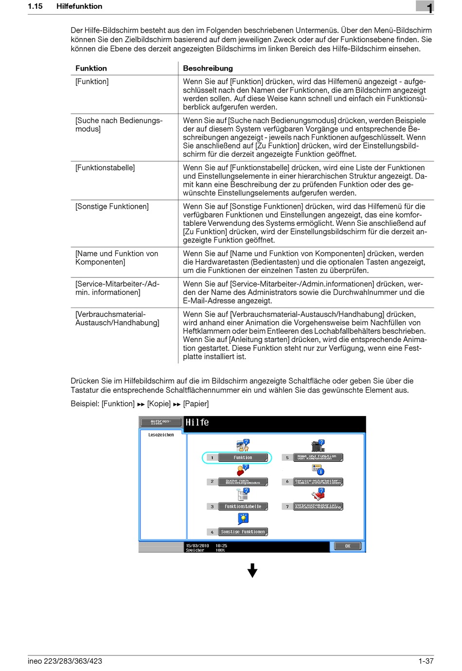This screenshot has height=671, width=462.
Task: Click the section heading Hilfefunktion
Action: click(79, 6)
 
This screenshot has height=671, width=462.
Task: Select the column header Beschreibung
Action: click(208, 68)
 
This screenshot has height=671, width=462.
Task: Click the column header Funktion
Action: click(91, 68)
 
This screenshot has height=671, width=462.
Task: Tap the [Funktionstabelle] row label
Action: click(105, 167)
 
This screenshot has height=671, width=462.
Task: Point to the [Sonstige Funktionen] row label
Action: click(112, 206)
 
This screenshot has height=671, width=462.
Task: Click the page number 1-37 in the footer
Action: click(426, 661)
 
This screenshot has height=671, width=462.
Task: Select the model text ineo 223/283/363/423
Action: click(65, 661)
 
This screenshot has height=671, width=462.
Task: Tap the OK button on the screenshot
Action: click(347, 546)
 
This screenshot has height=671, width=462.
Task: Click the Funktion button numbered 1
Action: click(243, 457)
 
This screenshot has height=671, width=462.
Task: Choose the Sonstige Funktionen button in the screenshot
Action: click(243, 532)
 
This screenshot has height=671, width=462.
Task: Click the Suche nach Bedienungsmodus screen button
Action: click(243, 482)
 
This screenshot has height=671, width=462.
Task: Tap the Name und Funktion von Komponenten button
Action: click(318, 457)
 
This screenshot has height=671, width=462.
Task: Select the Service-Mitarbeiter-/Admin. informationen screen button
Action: click(318, 482)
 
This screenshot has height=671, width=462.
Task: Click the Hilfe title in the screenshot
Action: click(197, 422)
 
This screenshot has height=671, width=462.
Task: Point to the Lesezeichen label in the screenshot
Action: click(161, 435)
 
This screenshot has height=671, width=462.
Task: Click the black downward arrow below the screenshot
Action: click(252, 570)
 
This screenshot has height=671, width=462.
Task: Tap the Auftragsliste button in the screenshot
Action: click(160, 422)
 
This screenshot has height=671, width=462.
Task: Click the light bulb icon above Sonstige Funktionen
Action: click(243, 519)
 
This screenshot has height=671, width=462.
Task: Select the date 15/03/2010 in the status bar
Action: click(197, 545)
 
